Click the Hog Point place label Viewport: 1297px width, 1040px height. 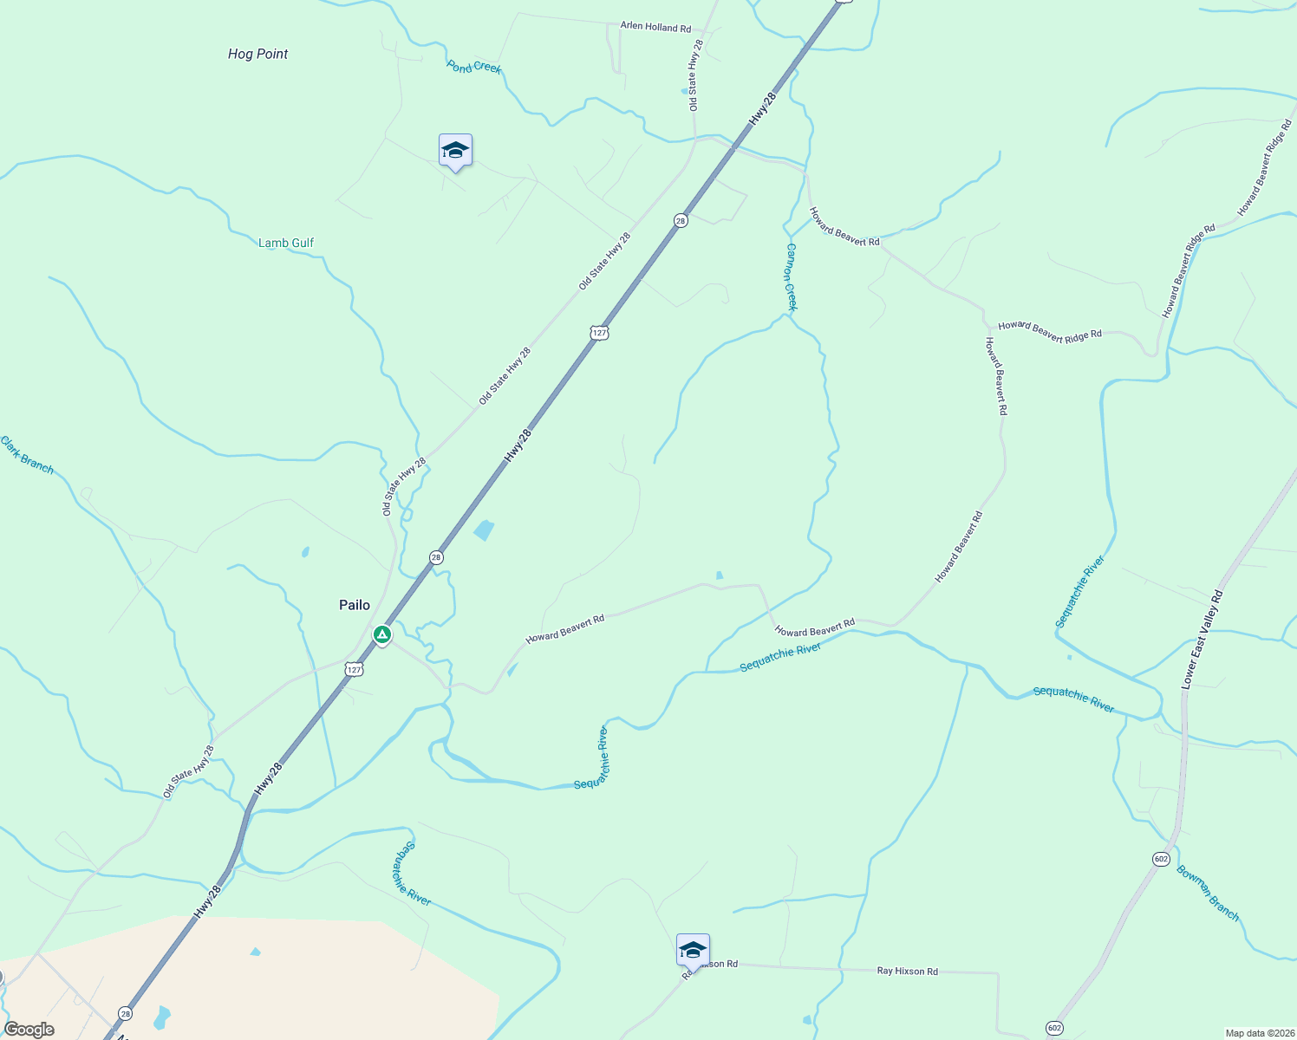click(x=257, y=54)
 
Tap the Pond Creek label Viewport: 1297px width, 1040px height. click(x=474, y=67)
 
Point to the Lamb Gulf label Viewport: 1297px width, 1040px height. click(x=286, y=243)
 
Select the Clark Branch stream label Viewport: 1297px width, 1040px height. click(x=27, y=456)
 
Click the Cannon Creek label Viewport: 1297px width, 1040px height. click(x=792, y=276)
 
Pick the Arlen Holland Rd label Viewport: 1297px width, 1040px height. click(x=655, y=27)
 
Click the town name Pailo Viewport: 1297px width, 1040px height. click(x=355, y=605)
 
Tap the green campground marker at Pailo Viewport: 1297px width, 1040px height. click(x=381, y=635)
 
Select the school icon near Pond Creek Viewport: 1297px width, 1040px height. click(x=455, y=152)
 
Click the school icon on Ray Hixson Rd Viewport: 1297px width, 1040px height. click(x=693, y=950)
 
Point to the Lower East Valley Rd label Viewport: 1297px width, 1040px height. click(x=1202, y=640)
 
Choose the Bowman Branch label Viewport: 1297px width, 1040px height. click(x=1208, y=893)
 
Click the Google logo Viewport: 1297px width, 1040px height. click(x=29, y=1030)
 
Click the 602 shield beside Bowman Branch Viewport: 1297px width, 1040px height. click(x=1162, y=859)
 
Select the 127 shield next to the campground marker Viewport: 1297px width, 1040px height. click(x=353, y=669)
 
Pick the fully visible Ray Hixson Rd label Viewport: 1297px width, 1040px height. click(x=907, y=972)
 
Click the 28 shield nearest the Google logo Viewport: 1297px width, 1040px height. click(x=126, y=1013)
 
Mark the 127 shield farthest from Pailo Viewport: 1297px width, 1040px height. click(x=599, y=332)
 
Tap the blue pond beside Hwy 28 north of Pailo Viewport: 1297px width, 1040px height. click(x=484, y=530)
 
